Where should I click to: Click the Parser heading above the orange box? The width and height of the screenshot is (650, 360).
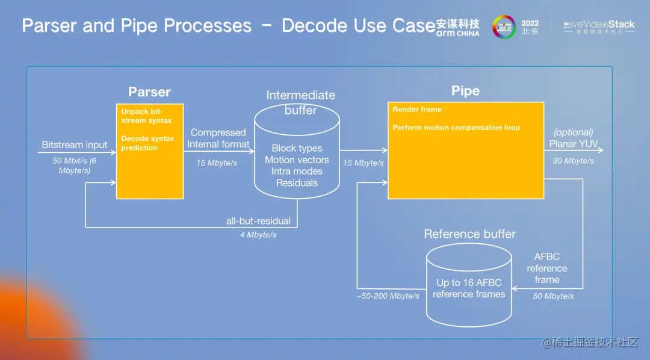click(x=149, y=92)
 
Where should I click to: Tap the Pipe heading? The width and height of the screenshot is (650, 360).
click(x=465, y=91)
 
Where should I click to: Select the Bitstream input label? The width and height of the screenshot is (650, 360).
click(x=74, y=145)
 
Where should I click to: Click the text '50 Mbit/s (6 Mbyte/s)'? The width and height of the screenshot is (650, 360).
click(x=74, y=166)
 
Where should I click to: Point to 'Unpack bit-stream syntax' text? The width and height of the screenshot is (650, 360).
click(x=142, y=116)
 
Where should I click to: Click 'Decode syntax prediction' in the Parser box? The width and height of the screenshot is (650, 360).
click(x=147, y=143)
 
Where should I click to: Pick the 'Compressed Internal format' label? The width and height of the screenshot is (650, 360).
click(x=218, y=138)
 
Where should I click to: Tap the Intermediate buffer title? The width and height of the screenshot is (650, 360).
click(x=300, y=102)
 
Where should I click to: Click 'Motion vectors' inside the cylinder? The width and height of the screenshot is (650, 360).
click(x=297, y=160)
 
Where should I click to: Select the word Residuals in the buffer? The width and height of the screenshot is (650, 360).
click(x=297, y=183)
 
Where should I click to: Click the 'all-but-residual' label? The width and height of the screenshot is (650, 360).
click(x=258, y=221)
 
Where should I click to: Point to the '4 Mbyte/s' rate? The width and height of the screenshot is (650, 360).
click(x=258, y=235)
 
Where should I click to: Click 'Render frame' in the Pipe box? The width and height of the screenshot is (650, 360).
click(x=417, y=110)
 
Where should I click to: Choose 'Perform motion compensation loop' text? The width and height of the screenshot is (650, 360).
click(x=456, y=128)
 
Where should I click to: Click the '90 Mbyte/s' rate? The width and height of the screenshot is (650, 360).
click(x=574, y=161)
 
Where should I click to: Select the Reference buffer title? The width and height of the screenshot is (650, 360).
click(x=469, y=234)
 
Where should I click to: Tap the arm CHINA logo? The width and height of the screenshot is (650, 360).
click(x=458, y=28)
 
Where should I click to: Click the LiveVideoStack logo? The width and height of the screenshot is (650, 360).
click(x=599, y=26)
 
